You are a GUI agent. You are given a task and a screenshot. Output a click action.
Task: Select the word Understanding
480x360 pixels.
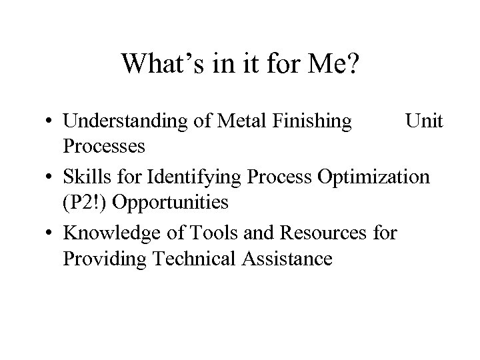pyautogui.click(x=128, y=121)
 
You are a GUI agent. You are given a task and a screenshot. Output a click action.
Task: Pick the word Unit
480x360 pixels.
pyautogui.click(x=424, y=121)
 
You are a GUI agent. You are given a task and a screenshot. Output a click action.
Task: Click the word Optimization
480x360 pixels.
pyautogui.click(x=375, y=179)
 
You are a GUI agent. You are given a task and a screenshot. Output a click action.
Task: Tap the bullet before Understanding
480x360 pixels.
pyautogui.click(x=51, y=122)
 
